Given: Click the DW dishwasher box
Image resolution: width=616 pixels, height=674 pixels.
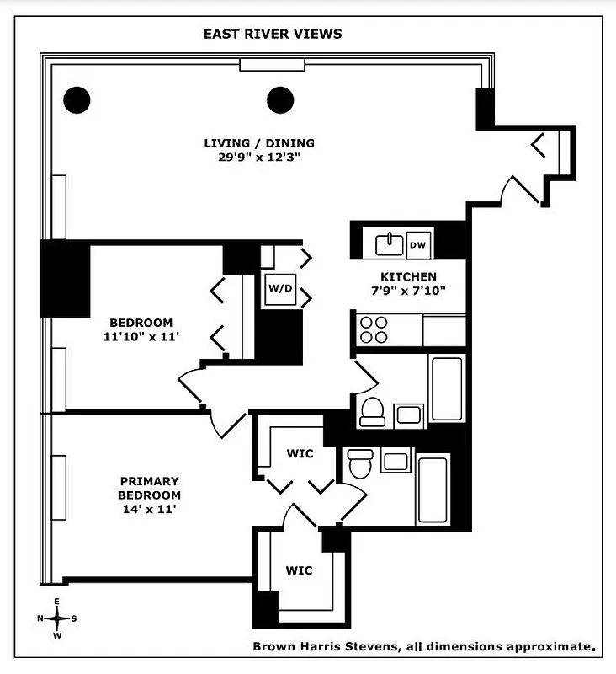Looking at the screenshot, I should pos(418,245).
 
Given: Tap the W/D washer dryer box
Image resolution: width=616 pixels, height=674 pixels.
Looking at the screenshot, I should pos(279,289).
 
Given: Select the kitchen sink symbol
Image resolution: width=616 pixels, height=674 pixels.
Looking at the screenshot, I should pos(389,243).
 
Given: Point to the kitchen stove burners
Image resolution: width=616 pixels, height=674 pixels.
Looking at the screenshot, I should pos(373,329).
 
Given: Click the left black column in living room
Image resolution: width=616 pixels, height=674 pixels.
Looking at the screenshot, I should pos(77,100).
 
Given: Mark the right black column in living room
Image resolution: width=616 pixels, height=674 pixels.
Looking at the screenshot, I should pos(281,100).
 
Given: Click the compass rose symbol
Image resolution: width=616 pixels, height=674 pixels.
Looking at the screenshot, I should pos(56,618).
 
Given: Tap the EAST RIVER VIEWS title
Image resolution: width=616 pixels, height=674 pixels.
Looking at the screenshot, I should pos(273,35).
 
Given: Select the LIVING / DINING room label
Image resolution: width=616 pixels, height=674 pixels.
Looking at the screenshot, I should pos(260,143).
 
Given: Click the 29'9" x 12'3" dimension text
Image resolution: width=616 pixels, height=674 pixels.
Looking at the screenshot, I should pos(260,157).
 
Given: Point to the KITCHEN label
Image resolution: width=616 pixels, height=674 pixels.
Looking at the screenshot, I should pos(408,277).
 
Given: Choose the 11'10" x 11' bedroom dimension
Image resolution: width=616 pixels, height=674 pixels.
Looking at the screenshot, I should pos(141,336).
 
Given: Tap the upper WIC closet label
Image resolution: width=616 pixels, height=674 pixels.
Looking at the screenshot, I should pos(300,454).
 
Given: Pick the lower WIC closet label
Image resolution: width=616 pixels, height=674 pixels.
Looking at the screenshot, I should pos(298,570).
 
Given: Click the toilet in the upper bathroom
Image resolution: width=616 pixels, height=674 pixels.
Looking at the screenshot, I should pos(371,411).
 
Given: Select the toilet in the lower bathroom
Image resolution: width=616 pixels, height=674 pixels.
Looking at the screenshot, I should pos(360,463).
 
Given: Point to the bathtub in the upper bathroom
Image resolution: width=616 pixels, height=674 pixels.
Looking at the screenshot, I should pos(445,388).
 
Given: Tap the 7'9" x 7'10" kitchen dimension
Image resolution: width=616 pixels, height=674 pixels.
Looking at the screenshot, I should pos(408,291).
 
